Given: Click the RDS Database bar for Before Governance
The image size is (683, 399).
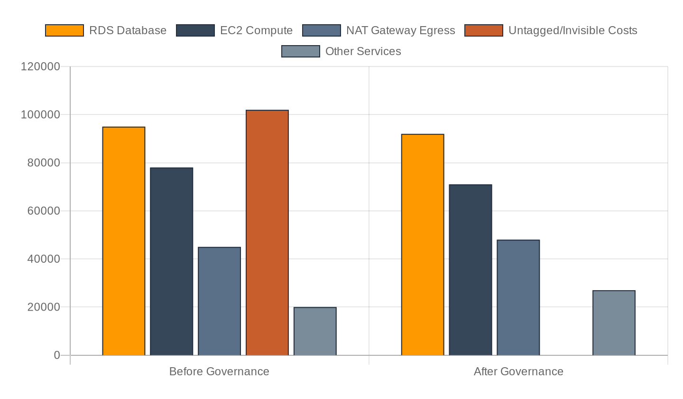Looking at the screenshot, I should click(x=124, y=241).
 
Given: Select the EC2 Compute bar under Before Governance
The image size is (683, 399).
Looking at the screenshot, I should click(x=172, y=262).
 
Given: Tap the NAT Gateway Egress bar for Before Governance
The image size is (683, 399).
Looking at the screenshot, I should click(x=219, y=301).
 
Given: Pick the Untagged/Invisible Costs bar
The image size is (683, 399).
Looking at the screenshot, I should click(x=267, y=233).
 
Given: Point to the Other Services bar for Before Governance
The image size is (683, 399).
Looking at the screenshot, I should click(x=315, y=331).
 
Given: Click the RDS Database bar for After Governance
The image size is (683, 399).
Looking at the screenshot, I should click(x=423, y=245).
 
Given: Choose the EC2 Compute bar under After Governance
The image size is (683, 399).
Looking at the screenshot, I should click(x=471, y=270).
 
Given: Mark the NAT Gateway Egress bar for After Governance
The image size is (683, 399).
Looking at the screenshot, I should click(x=518, y=298).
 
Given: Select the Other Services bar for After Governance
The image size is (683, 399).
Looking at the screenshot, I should click(x=614, y=323).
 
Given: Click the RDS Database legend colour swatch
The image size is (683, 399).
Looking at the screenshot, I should click(x=65, y=30).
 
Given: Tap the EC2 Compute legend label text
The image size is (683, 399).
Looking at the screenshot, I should click(x=256, y=30).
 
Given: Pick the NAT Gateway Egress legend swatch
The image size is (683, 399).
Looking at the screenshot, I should click(x=322, y=30).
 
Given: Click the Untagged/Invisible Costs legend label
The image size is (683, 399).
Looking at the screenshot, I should click(x=572, y=30).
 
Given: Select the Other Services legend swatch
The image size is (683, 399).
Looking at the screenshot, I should click(x=301, y=51).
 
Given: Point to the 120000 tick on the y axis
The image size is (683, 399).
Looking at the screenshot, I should click(x=40, y=66).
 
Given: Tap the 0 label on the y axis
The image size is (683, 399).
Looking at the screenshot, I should click(x=57, y=355).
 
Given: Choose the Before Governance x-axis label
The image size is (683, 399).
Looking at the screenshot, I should click(x=219, y=371).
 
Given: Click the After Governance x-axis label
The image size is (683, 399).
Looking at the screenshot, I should click(x=518, y=371).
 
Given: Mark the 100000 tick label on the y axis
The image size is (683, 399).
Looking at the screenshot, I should click(x=40, y=115).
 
